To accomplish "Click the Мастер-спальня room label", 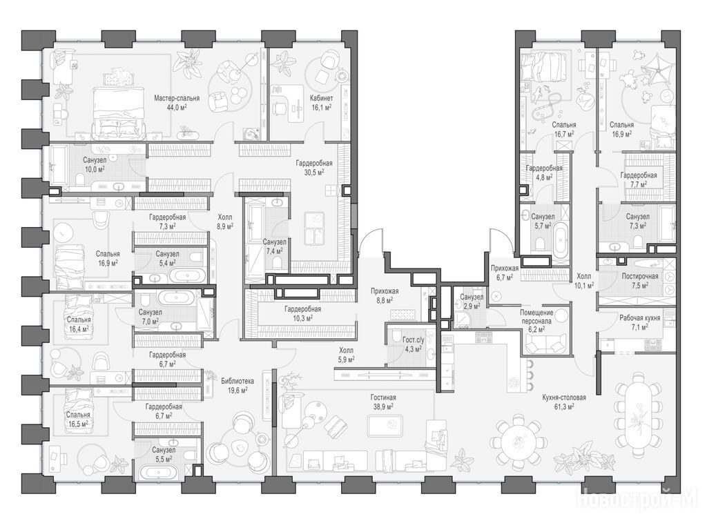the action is (x=176, y=98).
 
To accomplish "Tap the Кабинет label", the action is (x=321, y=98).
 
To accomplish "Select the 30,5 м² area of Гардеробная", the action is (x=314, y=172).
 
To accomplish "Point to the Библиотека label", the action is (x=238, y=381).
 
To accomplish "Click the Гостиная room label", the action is (x=383, y=397).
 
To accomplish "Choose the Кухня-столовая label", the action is (x=564, y=397).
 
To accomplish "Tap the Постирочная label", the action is (x=640, y=276).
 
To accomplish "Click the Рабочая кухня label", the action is (x=639, y=317).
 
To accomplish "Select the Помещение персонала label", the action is (x=536, y=317).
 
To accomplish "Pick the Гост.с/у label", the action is (x=412, y=340).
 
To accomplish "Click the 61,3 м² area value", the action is (x=564, y=406).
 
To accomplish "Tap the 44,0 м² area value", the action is (x=176, y=107).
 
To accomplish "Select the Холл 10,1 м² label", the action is (x=584, y=280).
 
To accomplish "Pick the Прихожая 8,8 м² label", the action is (x=384, y=295).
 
